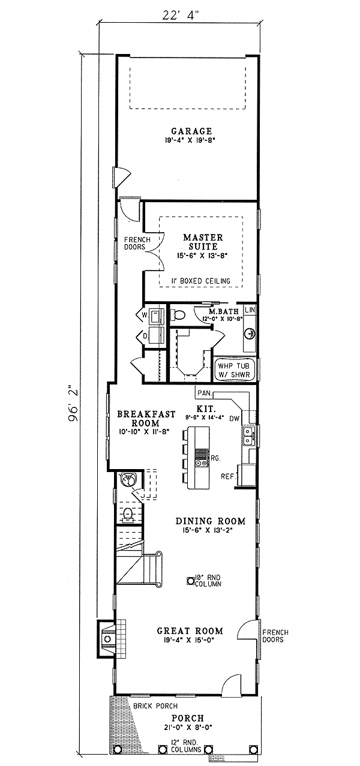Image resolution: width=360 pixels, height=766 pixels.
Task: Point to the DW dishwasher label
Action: tap(235, 418)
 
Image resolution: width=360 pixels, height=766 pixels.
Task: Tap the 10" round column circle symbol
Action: tap(190, 579)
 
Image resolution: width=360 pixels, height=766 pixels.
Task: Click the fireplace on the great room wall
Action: tap(109, 640)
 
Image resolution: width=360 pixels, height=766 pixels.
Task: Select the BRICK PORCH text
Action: tap(150, 706)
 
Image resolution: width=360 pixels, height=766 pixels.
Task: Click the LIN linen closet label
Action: tap(250, 310)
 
